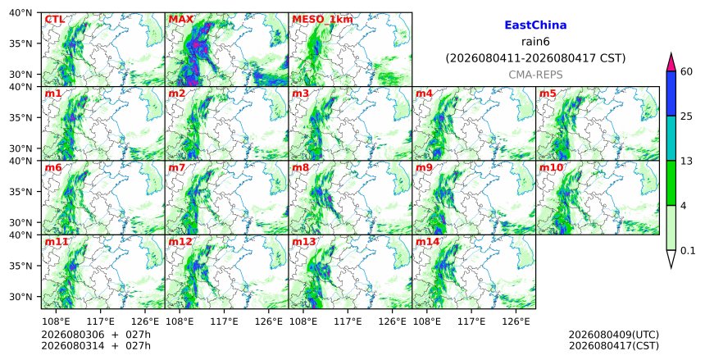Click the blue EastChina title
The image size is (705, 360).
point(535,25)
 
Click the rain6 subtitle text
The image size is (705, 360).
point(535,42)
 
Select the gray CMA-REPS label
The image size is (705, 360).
point(535,75)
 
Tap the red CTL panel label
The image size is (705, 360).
point(55,20)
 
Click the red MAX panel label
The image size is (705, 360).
point(180,20)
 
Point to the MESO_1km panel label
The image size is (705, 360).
point(322,20)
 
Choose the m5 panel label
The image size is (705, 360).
point(548,93)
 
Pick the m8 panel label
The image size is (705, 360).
point(300,168)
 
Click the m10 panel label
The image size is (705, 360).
point(551,168)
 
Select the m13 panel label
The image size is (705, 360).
point(304,242)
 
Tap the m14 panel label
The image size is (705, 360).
point(427,242)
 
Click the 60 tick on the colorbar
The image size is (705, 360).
point(686,71)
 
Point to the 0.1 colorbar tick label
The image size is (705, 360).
point(688,250)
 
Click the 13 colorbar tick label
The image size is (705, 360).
point(686,161)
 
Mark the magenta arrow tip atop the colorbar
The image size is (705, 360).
point(671,53)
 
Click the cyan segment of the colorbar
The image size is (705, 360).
point(671,138)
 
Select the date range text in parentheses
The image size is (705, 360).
point(535,58)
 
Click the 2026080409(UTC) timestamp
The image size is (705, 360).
point(614,335)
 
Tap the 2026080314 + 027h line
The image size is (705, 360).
point(96,345)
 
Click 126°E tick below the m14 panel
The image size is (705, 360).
point(515,321)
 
